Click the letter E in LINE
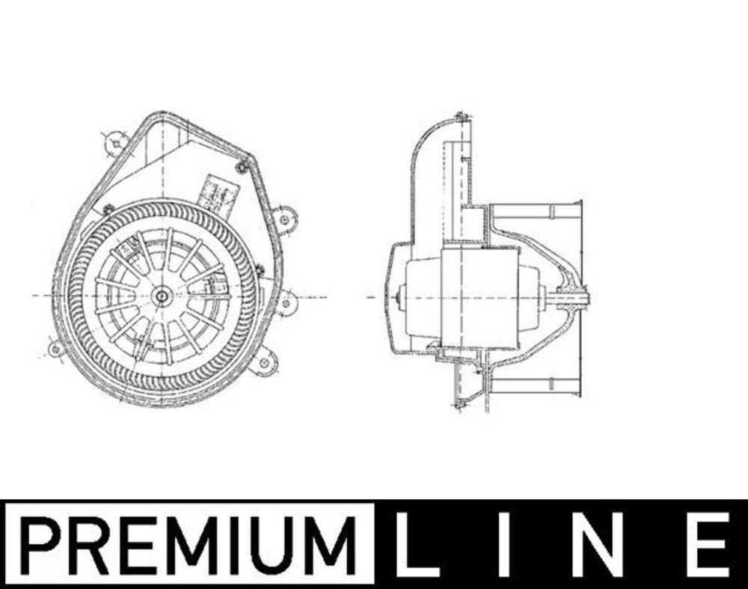[708, 544]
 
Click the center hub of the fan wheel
[162, 296]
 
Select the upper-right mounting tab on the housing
[285, 219]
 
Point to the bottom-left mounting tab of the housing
[55, 348]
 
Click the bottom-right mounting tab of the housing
[264, 364]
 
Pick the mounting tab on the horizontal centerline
[286, 302]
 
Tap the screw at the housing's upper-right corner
[241, 168]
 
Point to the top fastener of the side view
[461, 118]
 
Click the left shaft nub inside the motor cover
[401, 297]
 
